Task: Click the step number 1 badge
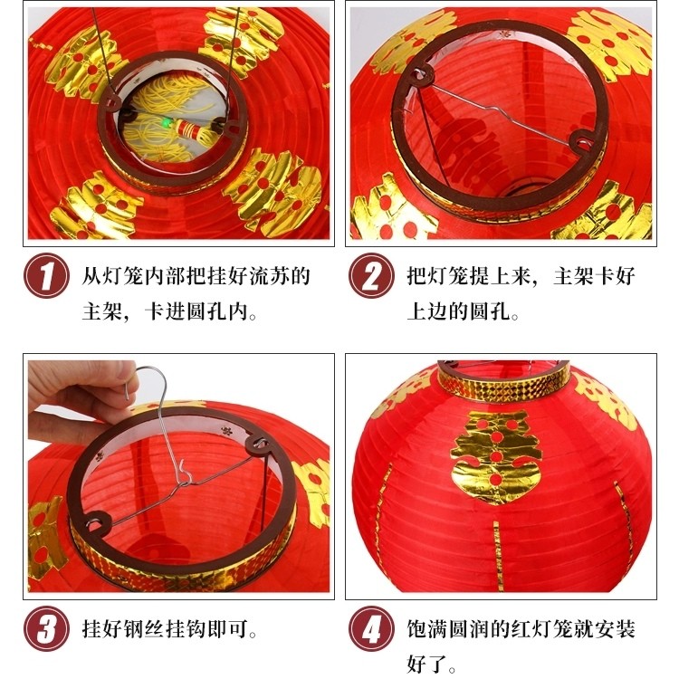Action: coord(46,275)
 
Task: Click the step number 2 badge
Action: coord(371,275)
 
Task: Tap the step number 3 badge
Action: coord(46,628)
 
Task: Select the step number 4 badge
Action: coord(371,628)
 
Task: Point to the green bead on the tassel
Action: coord(166,124)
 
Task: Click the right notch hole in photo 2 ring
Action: coord(582,140)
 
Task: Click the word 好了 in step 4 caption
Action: coord(426,664)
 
